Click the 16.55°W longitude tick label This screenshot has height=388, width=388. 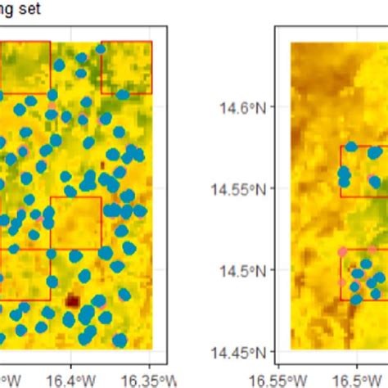[281, 379]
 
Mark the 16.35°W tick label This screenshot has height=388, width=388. [148, 379]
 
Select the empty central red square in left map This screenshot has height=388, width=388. [76, 222]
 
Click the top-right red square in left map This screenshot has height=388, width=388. [127, 67]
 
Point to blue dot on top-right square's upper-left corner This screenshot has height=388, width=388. [101, 49]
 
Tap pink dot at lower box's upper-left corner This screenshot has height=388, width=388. [341, 251]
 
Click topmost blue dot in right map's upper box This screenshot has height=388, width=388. [351, 147]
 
